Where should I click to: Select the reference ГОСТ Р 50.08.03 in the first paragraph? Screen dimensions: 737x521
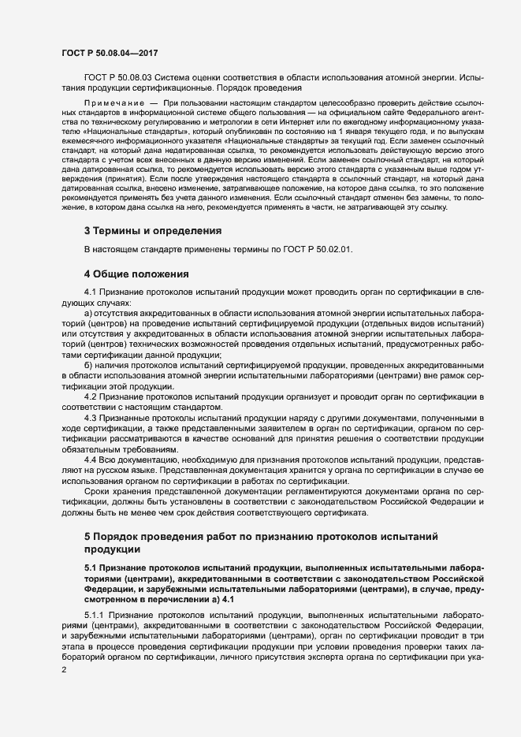(117, 76)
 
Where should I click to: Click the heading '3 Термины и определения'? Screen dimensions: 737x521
(152, 232)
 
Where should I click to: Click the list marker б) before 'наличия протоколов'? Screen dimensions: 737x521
(88, 367)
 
